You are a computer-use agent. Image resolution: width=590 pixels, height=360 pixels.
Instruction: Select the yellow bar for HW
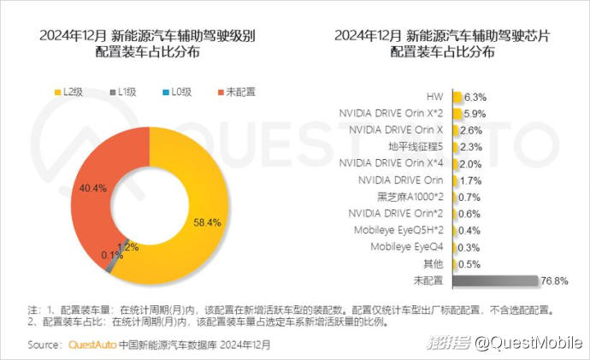[x=458, y=97]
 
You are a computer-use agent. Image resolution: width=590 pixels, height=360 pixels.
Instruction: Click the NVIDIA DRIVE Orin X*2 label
[x=391, y=113]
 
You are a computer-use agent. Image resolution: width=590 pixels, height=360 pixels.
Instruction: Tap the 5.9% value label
[x=475, y=113]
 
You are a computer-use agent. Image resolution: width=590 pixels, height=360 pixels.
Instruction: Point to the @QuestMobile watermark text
[x=530, y=343]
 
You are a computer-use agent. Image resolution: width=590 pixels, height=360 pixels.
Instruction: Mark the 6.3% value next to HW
[x=476, y=97]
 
